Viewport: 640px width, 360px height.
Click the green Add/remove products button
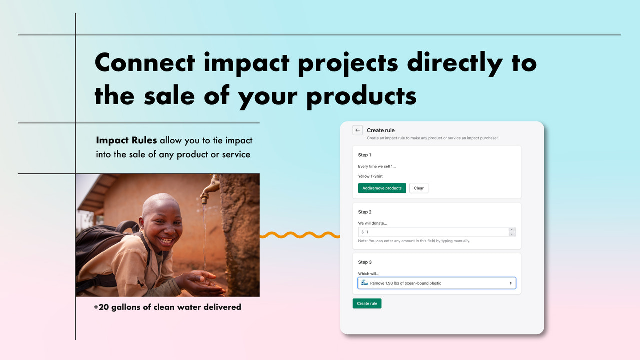tap(382, 188)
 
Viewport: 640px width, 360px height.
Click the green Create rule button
tap(367, 303)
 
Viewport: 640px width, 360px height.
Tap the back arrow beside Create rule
tap(357, 130)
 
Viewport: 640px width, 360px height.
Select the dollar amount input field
tap(435, 232)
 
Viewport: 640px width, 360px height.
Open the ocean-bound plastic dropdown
tap(437, 283)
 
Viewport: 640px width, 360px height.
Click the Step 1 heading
tap(365, 155)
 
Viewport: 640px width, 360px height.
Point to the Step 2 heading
tap(365, 212)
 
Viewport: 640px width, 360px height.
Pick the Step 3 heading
tap(365, 262)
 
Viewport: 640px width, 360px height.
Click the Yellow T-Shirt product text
tap(370, 176)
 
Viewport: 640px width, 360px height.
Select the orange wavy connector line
tap(300, 235)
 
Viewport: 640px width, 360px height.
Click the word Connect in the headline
tap(145, 63)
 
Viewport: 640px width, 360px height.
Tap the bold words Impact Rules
tap(126, 141)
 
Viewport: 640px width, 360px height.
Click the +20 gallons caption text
tap(167, 307)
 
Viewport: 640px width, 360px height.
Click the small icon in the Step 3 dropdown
tap(365, 283)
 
